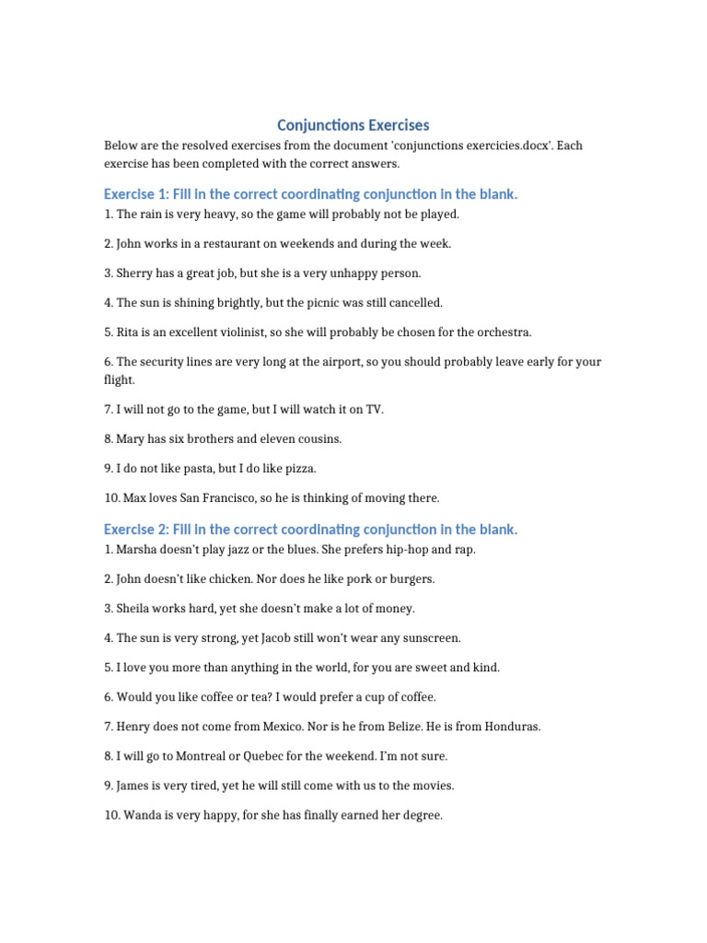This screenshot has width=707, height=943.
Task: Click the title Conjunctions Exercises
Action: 353,124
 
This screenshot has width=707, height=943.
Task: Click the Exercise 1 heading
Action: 310,194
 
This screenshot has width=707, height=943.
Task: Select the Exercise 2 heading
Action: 310,530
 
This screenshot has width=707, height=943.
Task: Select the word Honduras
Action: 509,727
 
